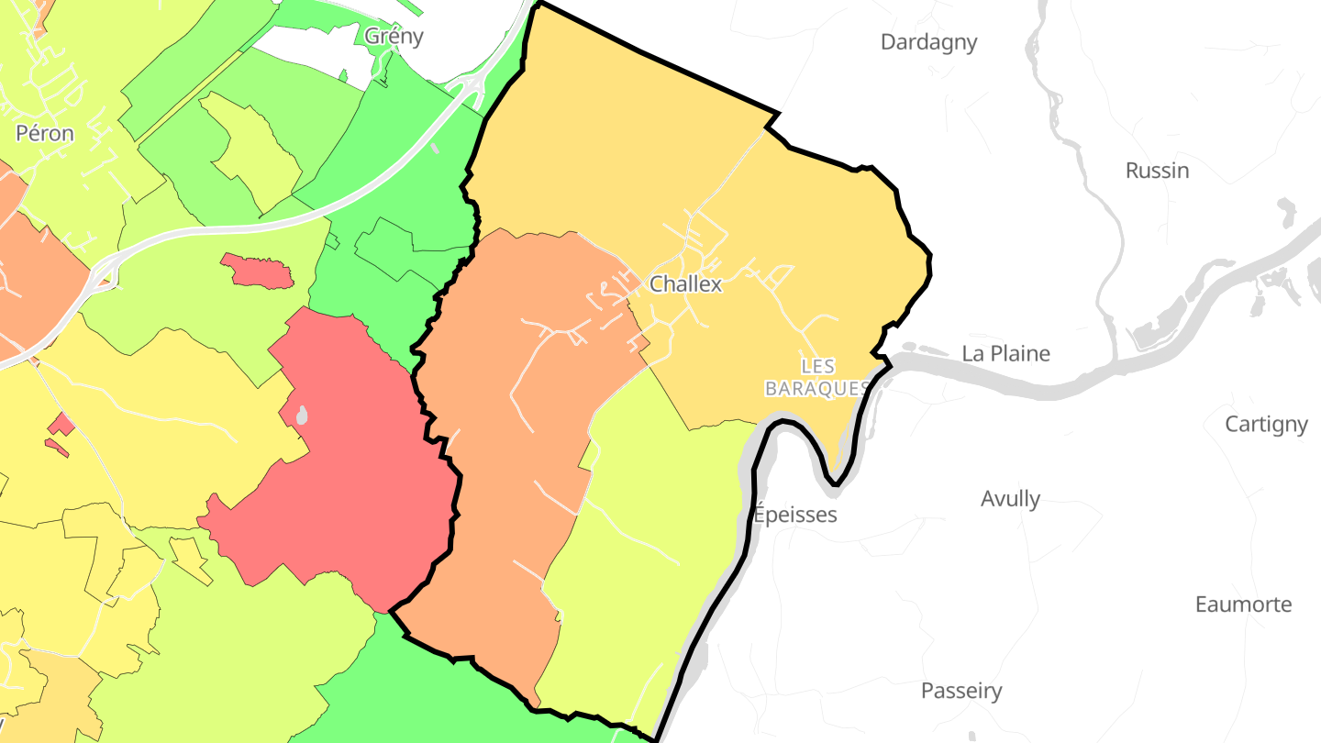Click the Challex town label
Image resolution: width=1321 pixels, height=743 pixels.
(685, 284)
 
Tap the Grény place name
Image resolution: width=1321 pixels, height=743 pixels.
(394, 36)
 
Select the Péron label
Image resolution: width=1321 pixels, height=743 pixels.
(45, 133)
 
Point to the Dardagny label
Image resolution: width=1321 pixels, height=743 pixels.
(928, 42)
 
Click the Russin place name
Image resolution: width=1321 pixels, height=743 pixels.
(1157, 171)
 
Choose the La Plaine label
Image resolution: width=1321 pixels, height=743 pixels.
(1005, 353)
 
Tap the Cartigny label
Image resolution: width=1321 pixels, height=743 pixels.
(1266, 424)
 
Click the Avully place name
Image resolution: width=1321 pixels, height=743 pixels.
(1010, 499)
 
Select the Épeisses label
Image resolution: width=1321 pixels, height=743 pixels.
(795, 515)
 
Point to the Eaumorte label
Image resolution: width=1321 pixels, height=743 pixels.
(1243, 604)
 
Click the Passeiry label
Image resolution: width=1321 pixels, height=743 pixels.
(961, 691)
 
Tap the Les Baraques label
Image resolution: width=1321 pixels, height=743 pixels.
(817, 377)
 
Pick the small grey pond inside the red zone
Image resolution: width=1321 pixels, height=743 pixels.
(302, 416)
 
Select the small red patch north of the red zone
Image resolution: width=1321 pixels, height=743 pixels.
(258, 272)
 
